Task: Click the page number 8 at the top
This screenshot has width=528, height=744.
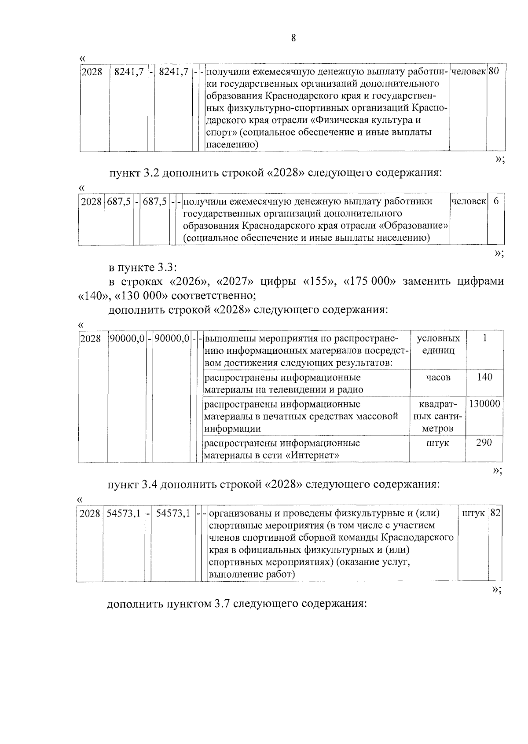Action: point(293,38)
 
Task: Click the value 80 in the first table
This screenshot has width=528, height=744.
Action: point(493,71)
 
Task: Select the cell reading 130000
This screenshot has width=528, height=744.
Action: point(484,403)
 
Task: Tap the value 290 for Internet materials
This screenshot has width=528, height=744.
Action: point(484,443)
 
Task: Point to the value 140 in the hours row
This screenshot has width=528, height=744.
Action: point(484,377)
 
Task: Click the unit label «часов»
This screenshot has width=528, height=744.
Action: point(438,377)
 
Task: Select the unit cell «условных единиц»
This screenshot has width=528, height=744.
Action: point(438,344)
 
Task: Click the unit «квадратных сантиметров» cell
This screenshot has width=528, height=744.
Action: point(438,416)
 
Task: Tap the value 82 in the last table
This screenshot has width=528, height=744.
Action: point(495,513)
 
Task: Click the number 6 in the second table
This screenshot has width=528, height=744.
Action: point(496,202)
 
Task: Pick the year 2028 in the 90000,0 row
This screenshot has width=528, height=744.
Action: point(91,339)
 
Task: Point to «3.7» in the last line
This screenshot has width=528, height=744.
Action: point(222,603)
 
